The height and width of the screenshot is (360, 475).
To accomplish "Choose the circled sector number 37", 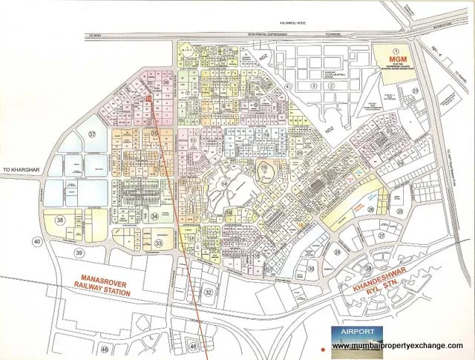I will (92, 134).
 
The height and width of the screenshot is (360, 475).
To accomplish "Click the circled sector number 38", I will (60, 220).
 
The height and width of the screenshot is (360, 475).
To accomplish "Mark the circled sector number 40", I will (36, 240).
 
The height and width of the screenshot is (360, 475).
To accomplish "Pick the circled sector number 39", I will (79, 253).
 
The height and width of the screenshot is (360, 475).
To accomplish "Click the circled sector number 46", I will (105, 348).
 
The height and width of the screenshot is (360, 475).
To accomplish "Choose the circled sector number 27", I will (383, 235).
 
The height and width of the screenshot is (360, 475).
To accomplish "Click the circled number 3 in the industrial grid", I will (314, 86).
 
